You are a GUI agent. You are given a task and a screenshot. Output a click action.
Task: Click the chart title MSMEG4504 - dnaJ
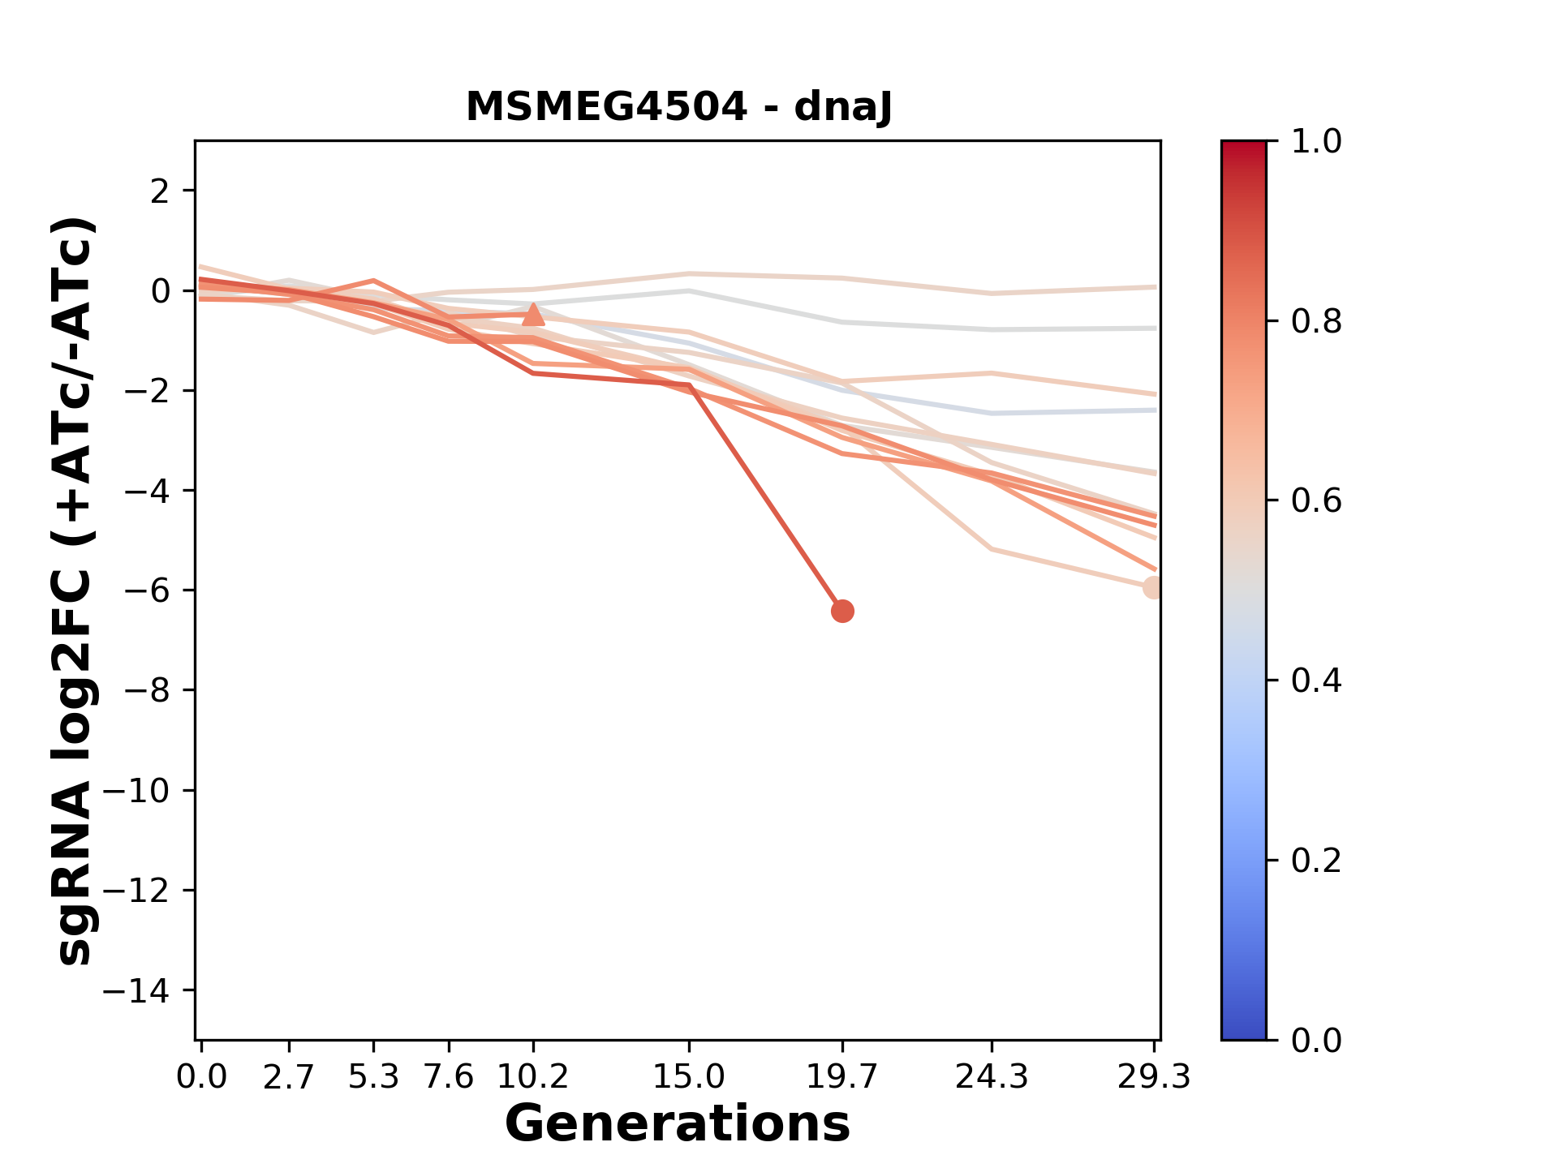678,107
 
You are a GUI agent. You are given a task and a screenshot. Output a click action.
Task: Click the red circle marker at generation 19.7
842,611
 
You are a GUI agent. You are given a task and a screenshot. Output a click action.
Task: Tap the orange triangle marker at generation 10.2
533,315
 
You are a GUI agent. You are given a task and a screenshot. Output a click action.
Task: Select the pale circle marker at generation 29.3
1153,588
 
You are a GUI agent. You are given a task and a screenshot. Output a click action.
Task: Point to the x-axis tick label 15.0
689,1077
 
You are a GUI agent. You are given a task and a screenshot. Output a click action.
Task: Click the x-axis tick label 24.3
992,1077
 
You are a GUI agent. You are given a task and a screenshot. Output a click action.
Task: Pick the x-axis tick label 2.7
289,1077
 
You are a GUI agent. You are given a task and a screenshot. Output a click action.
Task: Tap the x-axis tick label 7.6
449,1077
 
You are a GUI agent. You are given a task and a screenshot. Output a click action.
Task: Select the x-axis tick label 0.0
202,1077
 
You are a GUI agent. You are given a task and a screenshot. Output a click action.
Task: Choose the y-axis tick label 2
161,191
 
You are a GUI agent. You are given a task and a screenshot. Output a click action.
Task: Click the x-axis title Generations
678,1124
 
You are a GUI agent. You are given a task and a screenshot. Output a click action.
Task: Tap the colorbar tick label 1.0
1316,142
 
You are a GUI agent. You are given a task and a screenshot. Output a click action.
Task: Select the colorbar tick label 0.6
1316,501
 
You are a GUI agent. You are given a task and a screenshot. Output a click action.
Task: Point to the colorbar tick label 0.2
1316,861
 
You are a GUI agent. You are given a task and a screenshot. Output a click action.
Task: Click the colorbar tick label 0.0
1316,1040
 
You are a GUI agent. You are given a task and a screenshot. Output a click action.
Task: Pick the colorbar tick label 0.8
1316,322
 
